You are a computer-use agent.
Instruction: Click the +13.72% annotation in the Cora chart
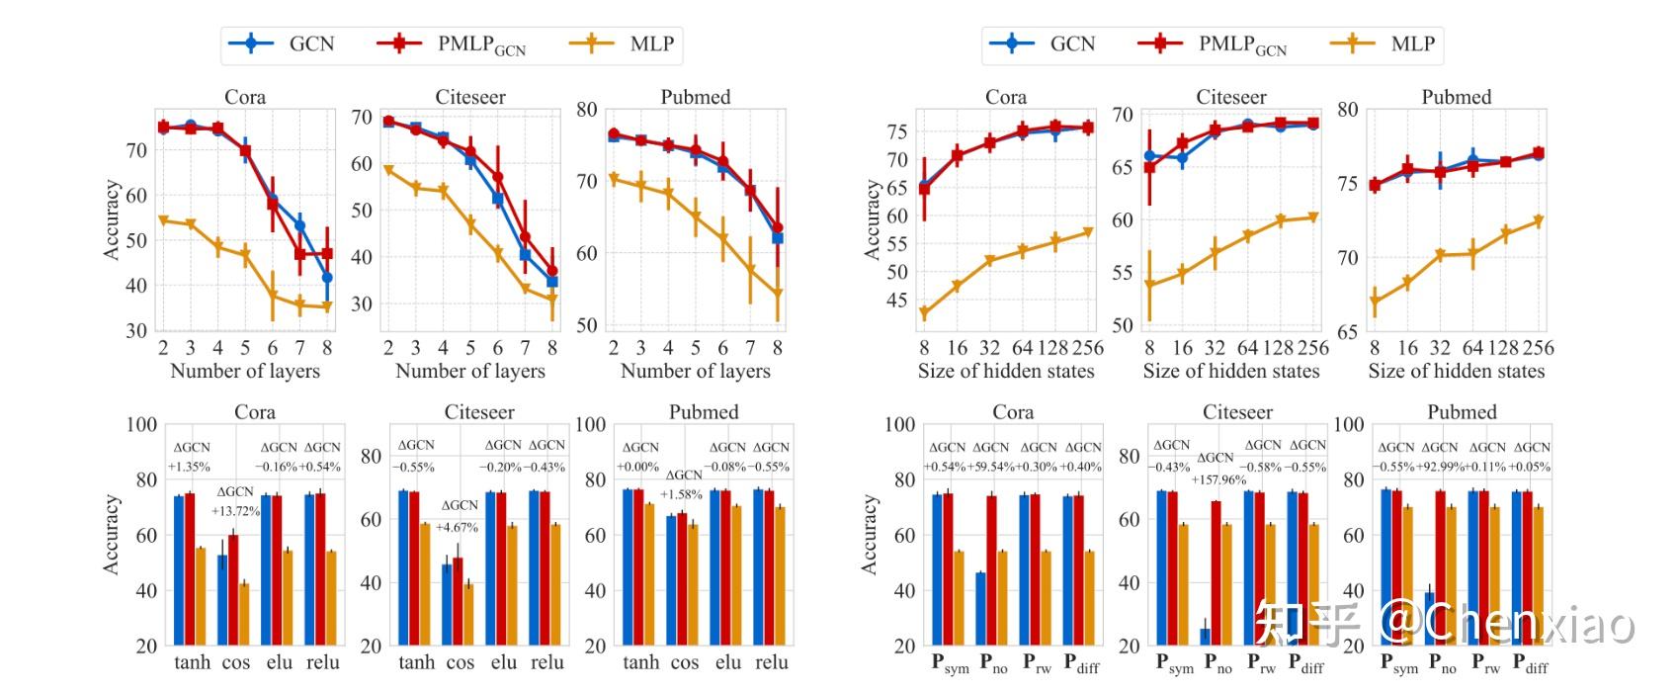(x=235, y=511)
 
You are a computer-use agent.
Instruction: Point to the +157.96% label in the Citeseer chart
(x=1215, y=479)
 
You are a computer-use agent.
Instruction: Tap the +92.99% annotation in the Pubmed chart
(x=1440, y=467)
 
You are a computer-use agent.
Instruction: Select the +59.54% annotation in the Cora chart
(x=990, y=467)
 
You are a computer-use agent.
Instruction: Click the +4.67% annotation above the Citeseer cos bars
(x=460, y=527)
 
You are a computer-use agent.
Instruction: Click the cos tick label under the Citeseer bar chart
(x=461, y=662)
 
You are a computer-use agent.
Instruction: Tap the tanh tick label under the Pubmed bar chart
(x=640, y=662)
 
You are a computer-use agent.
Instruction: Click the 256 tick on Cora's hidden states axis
(x=1087, y=348)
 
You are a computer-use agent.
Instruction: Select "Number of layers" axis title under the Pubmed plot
(x=695, y=371)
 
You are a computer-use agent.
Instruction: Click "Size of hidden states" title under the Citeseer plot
(x=1231, y=371)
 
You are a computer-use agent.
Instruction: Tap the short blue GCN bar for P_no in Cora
(x=980, y=608)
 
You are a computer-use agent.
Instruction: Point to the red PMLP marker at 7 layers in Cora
(x=300, y=254)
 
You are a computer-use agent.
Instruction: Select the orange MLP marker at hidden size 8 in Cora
(x=924, y=313)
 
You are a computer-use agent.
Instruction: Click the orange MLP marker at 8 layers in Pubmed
(x=778, y=294)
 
